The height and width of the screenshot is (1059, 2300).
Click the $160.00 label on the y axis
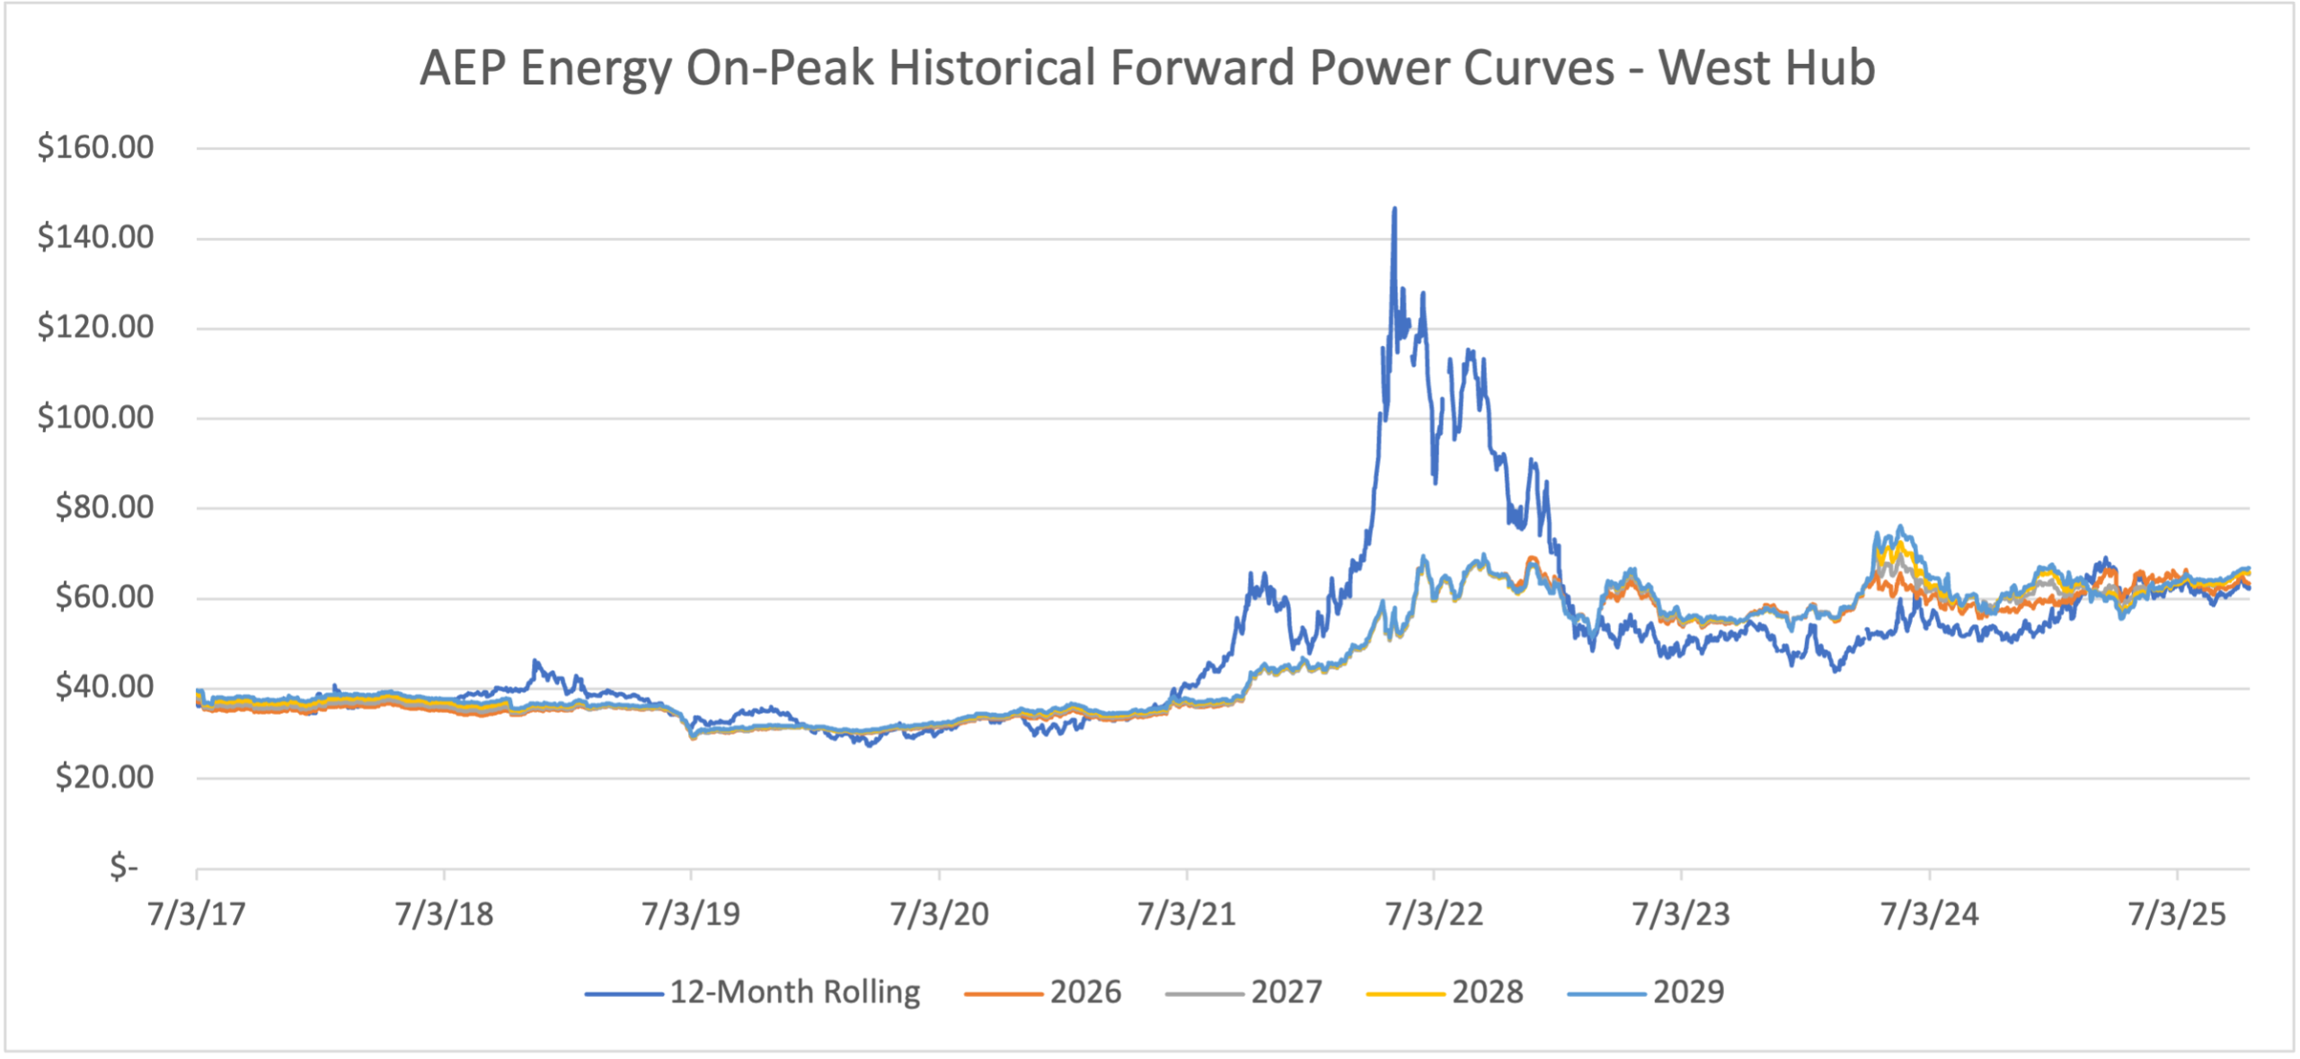(x=95, y=146)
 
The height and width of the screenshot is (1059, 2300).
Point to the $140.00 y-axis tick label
(x=95, y=237)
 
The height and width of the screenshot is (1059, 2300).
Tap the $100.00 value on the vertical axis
(x=95, y=417)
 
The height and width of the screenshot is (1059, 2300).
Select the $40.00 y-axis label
(x=104, y=687)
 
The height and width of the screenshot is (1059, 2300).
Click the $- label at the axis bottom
(x=123, y=867)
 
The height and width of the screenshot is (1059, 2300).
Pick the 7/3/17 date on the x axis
(x=197, y=913)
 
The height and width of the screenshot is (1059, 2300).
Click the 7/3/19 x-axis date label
(x=691, y=913)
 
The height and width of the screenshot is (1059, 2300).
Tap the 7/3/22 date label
(x=1434, y=913)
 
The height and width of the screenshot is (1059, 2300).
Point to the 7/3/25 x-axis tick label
(x=2177, y=913)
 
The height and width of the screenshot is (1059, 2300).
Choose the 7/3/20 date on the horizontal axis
(x=939, y=913)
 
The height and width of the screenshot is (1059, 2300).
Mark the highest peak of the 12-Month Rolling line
(x=1394, y=209)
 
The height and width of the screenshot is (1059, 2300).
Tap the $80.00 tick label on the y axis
(x=104, y=507)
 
